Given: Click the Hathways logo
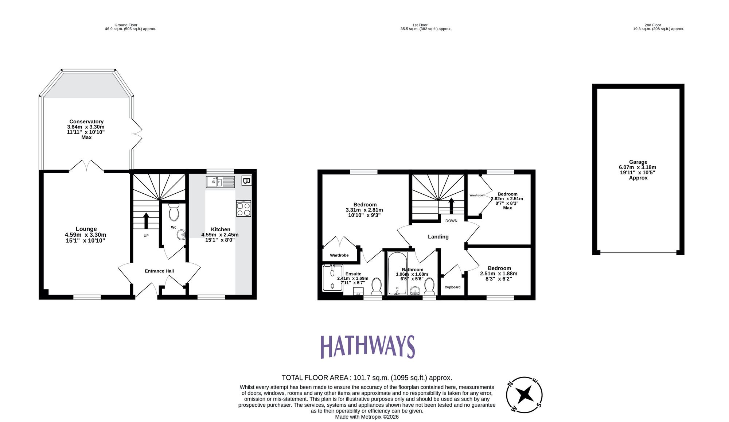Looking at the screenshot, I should tap(367, 346).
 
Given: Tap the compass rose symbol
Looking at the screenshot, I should tap(524, 395).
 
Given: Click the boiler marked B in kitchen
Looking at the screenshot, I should tap(246, 181).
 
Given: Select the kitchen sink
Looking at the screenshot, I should tap(220, 182).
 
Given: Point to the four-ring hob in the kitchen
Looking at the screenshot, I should tap(243, 209).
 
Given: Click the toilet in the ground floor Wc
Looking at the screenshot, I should tap(174, 212).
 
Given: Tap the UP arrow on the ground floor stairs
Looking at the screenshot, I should tap(146, 220).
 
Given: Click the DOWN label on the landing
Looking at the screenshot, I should tap(451, 221).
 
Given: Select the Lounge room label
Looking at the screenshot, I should tap(86, 229).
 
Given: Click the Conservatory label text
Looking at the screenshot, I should tap(86, 121).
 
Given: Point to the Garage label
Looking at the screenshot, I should tap(638, 162).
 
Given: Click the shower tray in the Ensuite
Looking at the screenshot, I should tap(332, 278).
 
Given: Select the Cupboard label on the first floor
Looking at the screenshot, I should tap(452, 287).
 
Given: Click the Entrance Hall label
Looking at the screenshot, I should tap(159, 271).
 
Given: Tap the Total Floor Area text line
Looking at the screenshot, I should tap(367, 378).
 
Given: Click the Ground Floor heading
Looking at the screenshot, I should tap(126, 25).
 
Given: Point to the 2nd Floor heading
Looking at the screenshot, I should tap(652, 25).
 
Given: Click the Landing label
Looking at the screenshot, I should tap(438, 237).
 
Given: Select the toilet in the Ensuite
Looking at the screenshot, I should tap(376, 286).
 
